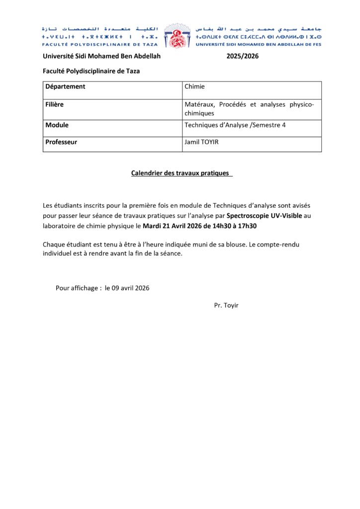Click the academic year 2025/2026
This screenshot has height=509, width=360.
coord(242,56)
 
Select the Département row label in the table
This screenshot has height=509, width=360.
coord(65,86)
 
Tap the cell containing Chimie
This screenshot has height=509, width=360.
coord(194,86)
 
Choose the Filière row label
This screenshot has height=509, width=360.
coord(54,104)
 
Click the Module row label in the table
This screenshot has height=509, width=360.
coord(57,125)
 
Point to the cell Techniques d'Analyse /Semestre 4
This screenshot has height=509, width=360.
coord(235,125)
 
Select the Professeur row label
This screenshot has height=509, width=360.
coord(61,142)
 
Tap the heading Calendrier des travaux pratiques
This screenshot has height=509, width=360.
coord(181,173)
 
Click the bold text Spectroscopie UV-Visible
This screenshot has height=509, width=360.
coord(264,216)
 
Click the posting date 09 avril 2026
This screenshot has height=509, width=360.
coord(127,288)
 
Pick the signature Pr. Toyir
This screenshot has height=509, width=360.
coord(226,305)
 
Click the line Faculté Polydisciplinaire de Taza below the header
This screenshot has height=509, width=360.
coord(91,71)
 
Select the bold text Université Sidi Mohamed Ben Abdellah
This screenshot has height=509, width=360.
coord(101,56)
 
